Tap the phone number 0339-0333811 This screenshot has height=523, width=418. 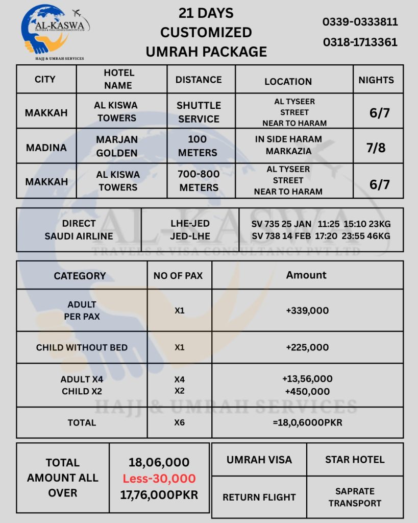point(360,22)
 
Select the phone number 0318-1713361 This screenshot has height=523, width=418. point(360,42)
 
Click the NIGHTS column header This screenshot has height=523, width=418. point(376,80)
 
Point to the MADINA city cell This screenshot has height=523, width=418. point(46,147)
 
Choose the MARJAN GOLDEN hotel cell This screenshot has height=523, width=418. point(117,146)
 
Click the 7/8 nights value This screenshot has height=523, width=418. point(376,148)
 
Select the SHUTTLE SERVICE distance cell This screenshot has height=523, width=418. point(199,112)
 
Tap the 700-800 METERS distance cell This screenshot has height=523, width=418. point(199,181)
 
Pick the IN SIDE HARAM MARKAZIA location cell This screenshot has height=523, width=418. point(288,145)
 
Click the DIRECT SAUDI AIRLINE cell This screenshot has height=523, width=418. point(79,229)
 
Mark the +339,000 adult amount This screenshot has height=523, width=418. point(307,311)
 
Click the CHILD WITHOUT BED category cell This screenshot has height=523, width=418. point(82,347)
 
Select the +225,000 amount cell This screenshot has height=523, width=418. point(307,347)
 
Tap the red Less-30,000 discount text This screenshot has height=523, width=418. point(159,479)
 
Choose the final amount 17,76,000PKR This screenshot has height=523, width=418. point(159,494)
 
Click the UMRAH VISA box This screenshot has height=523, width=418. point(259,459)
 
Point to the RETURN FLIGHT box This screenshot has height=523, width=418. point(259,497)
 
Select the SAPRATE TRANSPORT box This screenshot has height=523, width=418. point(355,497)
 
